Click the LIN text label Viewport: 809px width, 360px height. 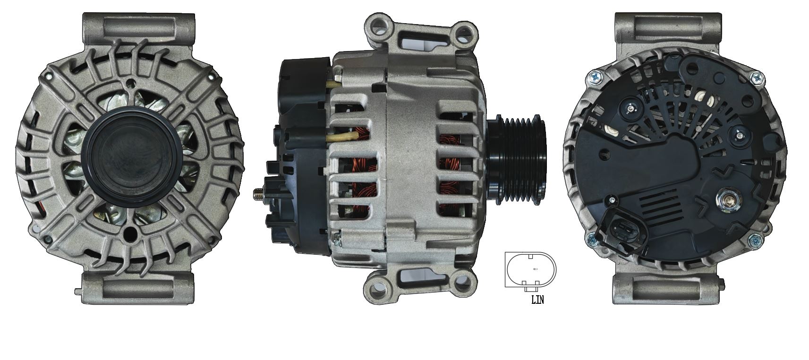coord(537,300)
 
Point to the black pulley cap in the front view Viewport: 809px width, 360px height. coord(134,158)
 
